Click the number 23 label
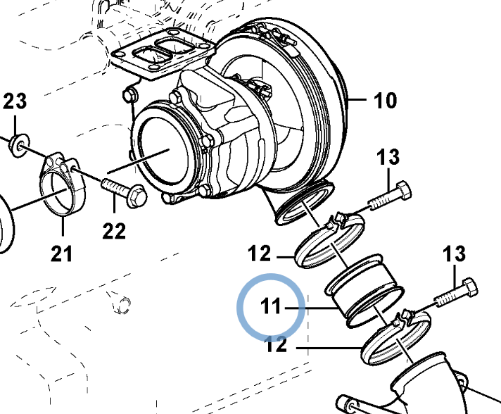pyautogui.click(x=15, y=102)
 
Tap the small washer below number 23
pyautogui.click(x=18, y=146)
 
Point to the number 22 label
pyautogui.click(x=114, y=230)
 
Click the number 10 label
pyautogui.click(x=385, y=101)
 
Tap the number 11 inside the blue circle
pyautogui.click(x=271, y=308)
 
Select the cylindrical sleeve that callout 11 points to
pyautogui.click(x=364, y=289)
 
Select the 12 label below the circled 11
pyautogui.click(x=277, y=345)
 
